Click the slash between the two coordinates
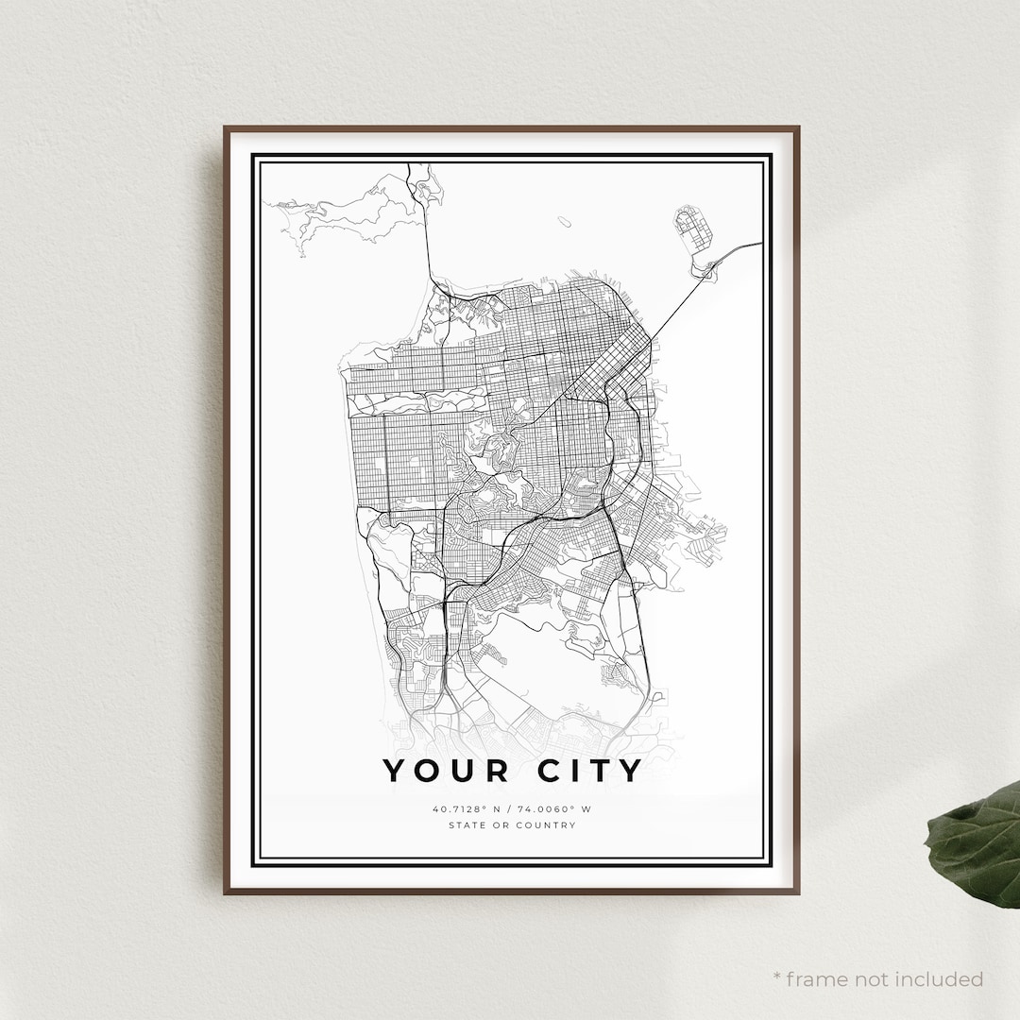[x=509, y=809]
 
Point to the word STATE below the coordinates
[x=468, y=825]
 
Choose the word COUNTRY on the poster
[x=548, y=825]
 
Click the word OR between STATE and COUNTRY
[x=501, y=825]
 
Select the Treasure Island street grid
[x=692, y=229]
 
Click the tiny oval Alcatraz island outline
[x=564, y=222]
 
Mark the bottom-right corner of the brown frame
[x=798, y=892]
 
